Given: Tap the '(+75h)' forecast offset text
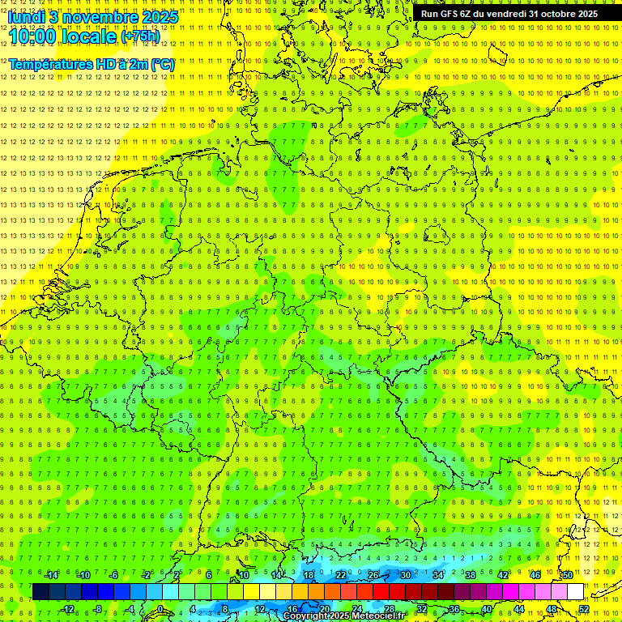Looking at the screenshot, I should (140, 36).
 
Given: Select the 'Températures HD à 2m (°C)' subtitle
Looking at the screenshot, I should (91, 64).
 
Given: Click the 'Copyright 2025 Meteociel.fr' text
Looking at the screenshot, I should (343, 616).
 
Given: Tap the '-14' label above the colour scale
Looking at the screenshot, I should (50, 575).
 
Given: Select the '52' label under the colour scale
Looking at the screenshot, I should (584, 609).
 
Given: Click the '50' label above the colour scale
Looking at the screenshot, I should (568, 575).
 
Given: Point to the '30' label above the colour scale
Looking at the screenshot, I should (405, 575).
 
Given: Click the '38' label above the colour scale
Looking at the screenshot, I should (470, 575).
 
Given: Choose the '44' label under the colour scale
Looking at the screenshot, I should (519, 609).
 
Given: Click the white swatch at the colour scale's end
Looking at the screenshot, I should (575, 592).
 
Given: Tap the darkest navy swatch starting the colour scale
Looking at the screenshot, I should (40, 592).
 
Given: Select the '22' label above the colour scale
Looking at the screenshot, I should (341, 575).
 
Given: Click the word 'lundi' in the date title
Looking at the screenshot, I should (26, 16).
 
